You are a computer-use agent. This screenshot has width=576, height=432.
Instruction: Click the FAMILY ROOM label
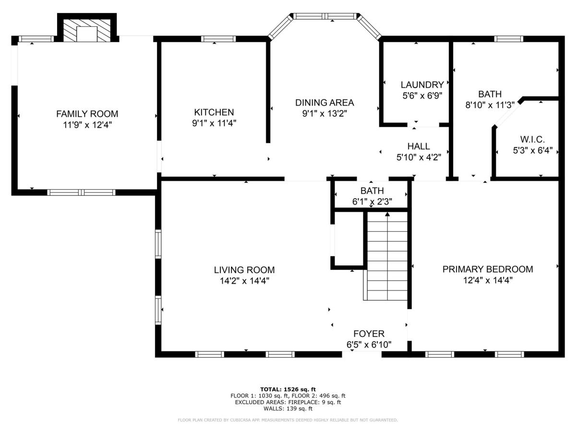point(87,114)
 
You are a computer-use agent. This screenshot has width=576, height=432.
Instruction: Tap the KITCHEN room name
point(214,112)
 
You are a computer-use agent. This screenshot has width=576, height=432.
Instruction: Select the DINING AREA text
point(324,103)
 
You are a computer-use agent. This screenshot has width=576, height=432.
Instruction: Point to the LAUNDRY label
point(422,85)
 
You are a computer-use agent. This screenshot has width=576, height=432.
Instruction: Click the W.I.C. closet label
point(532,139)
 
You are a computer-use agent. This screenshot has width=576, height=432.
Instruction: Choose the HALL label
point(419,146)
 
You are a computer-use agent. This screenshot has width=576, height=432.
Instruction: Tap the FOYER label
point(369,334)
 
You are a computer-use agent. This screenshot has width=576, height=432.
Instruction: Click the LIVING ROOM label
point(244,270)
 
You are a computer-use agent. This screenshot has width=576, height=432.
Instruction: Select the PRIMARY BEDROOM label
point(488,269)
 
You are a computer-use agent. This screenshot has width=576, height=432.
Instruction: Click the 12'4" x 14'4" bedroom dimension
point(488,280)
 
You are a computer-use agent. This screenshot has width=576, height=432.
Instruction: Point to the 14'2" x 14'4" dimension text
point(245,281)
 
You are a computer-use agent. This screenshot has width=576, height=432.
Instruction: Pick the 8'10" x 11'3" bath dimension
point(490,105)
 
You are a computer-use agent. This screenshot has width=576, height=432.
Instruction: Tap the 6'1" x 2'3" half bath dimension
point(372,202)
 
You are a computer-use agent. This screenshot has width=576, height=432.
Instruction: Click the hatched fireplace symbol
point(87,30)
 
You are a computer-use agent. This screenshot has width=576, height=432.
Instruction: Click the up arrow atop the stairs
point(387,214)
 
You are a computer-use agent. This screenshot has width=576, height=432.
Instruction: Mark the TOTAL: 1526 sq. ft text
point(288,389)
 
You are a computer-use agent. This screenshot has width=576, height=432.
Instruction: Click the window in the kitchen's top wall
point(218,39)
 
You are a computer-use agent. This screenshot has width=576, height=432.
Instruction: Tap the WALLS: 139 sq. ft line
point(288,408)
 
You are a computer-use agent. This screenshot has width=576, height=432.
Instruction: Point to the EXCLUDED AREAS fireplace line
point(288,402)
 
